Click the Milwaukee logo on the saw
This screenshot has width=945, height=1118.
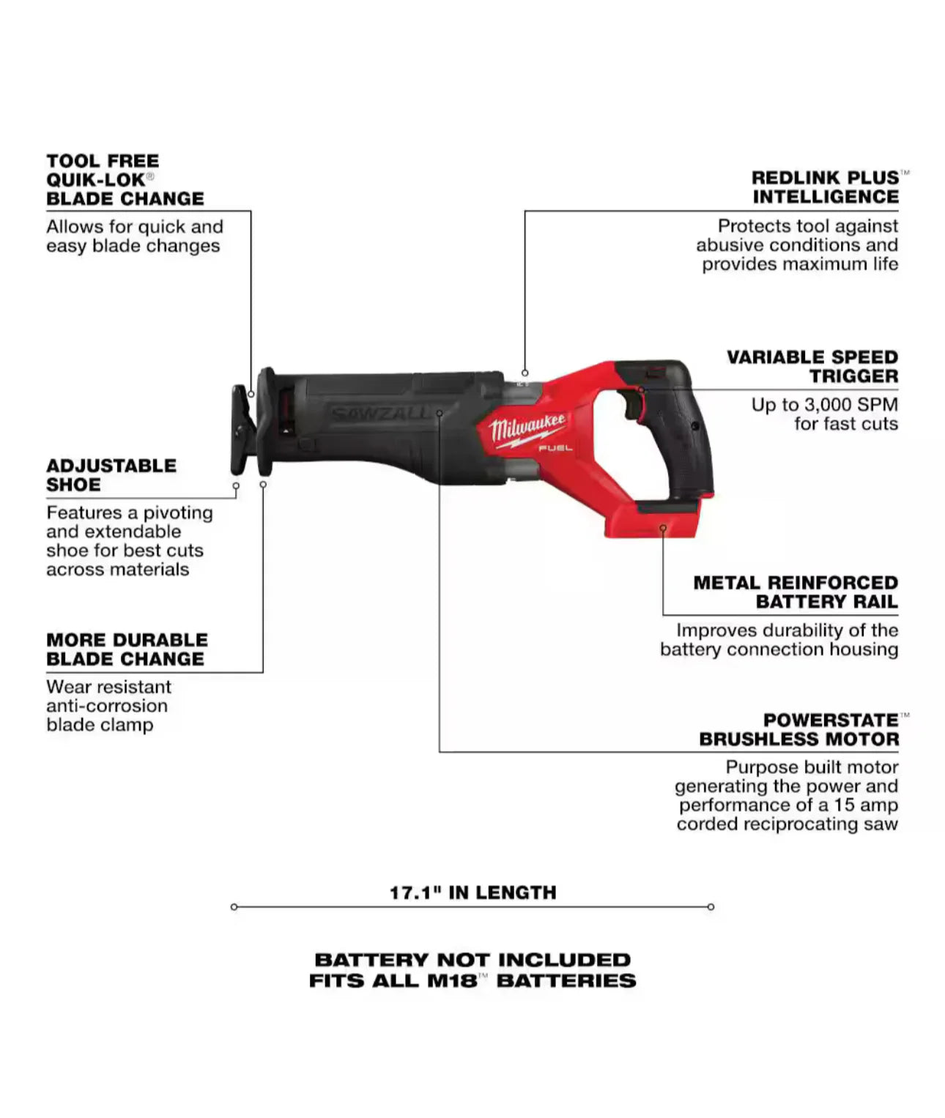(x=527, y=428)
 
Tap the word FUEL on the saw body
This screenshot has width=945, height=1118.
(x=555, y=447)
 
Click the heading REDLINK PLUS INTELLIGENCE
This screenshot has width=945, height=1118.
(x=825, y=187)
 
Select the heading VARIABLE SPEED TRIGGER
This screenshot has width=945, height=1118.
(x=812, y=366)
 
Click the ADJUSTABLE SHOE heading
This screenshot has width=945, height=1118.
(x=111, y=475)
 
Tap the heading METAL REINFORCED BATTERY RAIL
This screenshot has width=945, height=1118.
(x=796, y=592)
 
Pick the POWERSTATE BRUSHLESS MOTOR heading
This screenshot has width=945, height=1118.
(x=798, y=730)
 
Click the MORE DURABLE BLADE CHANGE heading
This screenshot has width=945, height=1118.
(x=127, y=649)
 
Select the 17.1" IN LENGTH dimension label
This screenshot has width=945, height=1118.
(x=472, y=892)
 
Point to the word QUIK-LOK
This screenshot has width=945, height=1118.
(x=95, y=180)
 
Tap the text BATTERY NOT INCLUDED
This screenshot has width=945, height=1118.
(x=472, y=960)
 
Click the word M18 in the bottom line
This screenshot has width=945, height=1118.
(x=452, y=981)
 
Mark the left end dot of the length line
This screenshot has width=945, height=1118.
(x=234, y=907)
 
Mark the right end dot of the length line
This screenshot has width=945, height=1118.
(x=711, y=907)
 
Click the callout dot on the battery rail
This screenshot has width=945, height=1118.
(x=663, y=528)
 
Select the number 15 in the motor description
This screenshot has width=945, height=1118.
(x=843, y=805)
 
